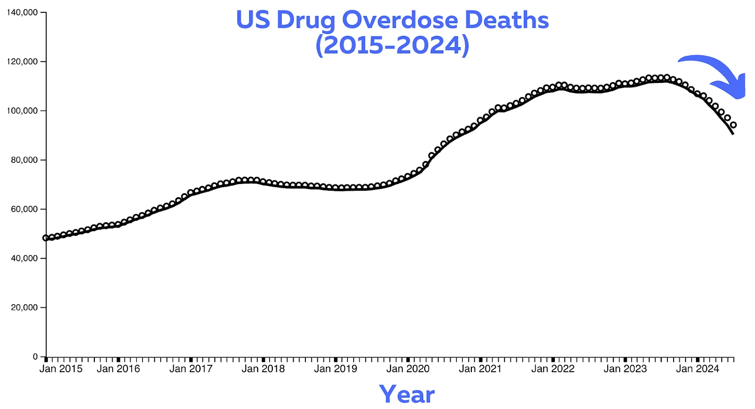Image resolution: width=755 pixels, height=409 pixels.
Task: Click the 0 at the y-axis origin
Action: (35, 357)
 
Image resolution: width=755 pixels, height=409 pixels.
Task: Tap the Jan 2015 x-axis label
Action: (61, 369)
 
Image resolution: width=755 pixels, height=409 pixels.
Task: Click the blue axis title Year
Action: (407, 394)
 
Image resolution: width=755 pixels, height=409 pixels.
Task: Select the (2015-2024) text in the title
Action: (392, 46)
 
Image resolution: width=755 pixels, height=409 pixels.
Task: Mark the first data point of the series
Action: (46, 238)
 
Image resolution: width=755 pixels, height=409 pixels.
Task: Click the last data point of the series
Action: (733, 125)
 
